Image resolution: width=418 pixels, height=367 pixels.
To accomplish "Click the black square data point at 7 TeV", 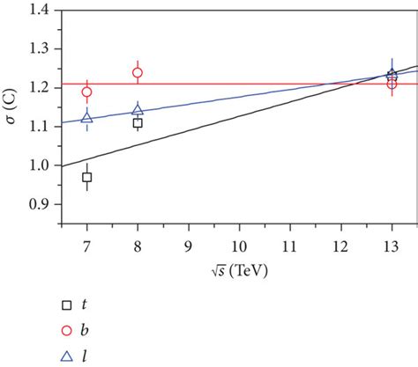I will tap(86, 178).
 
